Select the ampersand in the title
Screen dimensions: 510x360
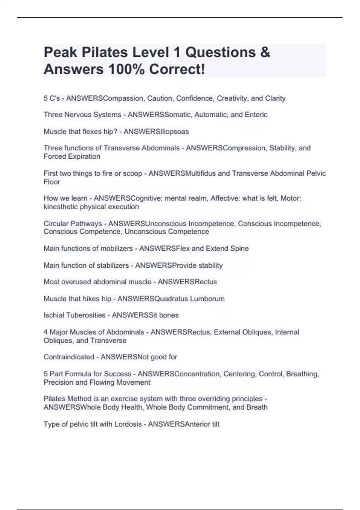click(265, 52)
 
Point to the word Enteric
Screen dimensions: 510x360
click(256, 115)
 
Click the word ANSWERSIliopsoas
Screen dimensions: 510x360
click(156, 132)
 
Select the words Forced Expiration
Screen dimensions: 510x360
click(72, 157)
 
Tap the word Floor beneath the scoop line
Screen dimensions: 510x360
click(52, 182)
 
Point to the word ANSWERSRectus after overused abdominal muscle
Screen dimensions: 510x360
click(187, 282)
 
